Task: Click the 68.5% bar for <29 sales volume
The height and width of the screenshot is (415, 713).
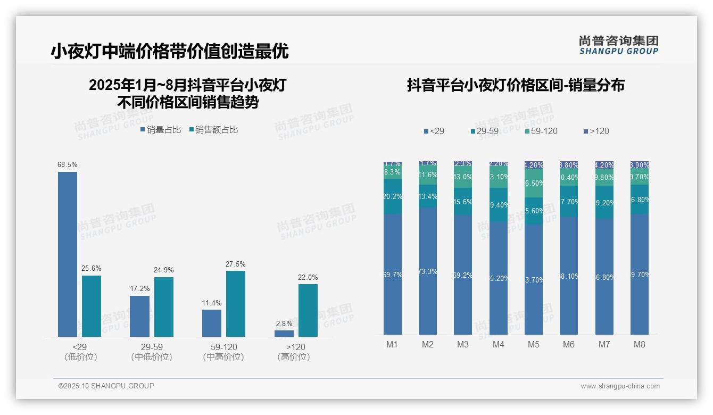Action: [x=68, y=254]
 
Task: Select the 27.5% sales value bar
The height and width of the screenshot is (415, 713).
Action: [x=236, y=303]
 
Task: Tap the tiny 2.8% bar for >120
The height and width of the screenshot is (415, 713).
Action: [x=284, y=334]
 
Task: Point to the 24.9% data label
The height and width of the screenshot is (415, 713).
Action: [x=163, y=270]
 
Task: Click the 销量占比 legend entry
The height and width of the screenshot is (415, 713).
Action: [x=161, y=129]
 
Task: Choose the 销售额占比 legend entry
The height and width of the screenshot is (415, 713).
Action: [x=213, y=129]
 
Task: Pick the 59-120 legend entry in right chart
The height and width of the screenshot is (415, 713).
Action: [x=541, y=131]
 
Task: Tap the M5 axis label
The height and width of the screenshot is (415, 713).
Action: [x=533, y=344]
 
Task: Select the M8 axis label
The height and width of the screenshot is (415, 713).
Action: [x=639, y=344]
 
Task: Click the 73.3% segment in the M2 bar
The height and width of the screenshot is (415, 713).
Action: [x=428, y=271]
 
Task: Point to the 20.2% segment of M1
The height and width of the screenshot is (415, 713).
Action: [x=392, y=196]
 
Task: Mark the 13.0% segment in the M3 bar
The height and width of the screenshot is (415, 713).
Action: [x=463, y=177]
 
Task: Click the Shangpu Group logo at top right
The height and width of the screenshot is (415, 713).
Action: [x=619, y=45]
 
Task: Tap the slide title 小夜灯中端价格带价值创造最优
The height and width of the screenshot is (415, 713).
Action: [x=170, y=51]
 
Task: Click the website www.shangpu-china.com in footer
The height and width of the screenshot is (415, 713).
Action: [x=620, y=386]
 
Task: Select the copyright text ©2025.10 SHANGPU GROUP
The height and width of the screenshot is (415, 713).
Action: [x=106, y=386]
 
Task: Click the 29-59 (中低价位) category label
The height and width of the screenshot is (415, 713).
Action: [x=152, y=352]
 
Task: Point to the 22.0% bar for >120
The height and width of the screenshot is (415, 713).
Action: [x=308, y=310]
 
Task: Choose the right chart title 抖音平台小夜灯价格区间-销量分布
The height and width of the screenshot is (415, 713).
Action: [x=516, y=85]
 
